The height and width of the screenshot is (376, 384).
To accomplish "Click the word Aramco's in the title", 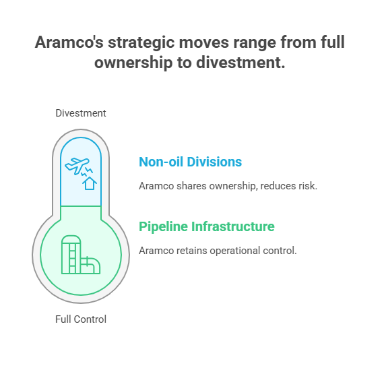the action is pos(69,42).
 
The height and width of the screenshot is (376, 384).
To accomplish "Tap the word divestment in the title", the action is pos(241,63).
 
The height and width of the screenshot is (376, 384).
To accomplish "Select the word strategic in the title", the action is pos(141,43).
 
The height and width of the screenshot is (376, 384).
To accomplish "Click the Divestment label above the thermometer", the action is pos(81,113).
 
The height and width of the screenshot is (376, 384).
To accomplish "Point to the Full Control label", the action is pos(81,319).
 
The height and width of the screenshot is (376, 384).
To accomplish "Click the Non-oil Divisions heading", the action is pos(190,162).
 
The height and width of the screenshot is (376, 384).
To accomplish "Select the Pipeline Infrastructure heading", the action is pos(207,226).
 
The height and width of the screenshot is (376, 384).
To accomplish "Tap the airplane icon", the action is pos(77,166).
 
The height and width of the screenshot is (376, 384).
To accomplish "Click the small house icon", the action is pos(90,183).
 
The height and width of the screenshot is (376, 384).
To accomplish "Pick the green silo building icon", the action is pos(71,255).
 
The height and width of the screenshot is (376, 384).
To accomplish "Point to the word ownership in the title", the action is pos(133,63).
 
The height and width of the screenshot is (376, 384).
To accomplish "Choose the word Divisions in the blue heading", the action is pos(214,162).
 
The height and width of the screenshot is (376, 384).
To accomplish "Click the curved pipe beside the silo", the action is pos(91,265).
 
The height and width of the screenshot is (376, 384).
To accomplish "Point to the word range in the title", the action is pos(255,43).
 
